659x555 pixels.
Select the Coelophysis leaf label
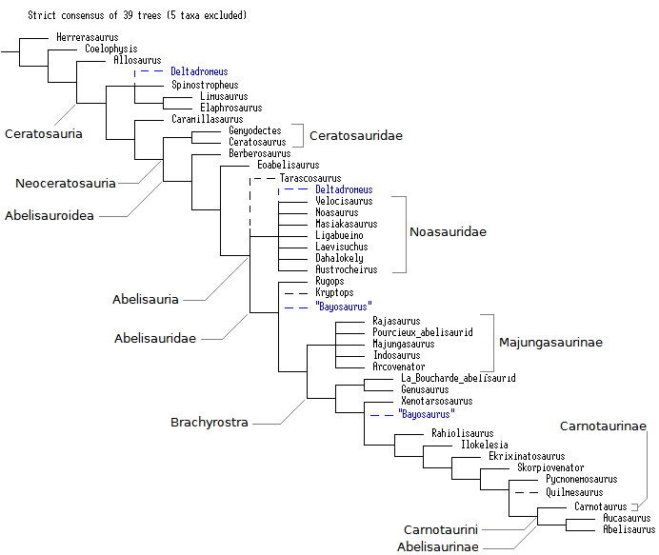111,49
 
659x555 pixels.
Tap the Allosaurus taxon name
138,60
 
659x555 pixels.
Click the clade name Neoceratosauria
66,183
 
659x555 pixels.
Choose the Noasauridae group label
448,232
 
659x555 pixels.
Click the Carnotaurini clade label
440,528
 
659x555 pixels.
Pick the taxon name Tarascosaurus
310,178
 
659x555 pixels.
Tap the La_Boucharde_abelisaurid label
458,378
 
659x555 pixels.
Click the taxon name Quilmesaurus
574,492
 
